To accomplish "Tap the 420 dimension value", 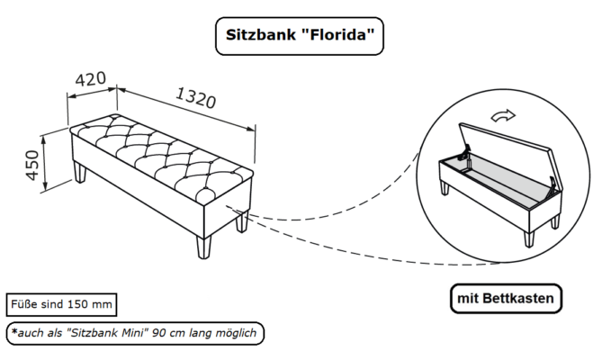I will pos(90,81).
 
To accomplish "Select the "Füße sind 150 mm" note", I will pos(61,303).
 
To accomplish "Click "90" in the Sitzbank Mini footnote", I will pos(161,333).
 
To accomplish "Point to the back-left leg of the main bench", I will pos(82,171).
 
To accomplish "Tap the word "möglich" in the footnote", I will pos(235,333).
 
